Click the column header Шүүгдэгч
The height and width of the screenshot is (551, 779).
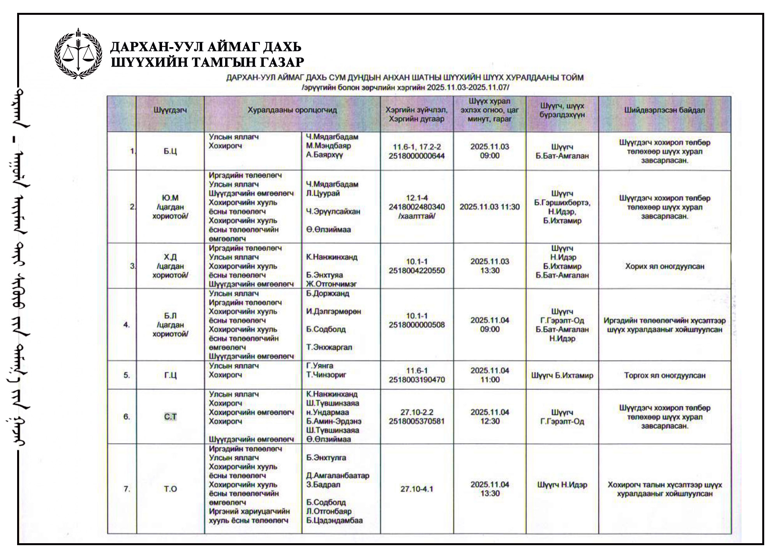pos(170,110)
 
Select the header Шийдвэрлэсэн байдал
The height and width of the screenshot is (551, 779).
pos(664,110)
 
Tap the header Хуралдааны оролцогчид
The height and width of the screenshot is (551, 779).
pos(292,110)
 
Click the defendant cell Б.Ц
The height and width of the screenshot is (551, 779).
pos(170,151)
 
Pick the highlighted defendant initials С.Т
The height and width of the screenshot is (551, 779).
pos(170,417)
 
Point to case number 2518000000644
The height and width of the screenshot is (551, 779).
pos(416,156)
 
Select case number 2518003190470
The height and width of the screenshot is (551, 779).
pos(416,380)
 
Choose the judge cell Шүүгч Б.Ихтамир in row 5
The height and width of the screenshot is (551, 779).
pos(562,376)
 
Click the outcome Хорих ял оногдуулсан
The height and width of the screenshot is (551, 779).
pos(664,267)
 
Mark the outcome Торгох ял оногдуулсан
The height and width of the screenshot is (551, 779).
pos(664,376)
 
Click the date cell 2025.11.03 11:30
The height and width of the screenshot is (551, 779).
pos(490,207)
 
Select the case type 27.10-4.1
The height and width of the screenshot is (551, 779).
pos(416,489)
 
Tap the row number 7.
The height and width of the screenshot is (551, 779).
pos(127,489)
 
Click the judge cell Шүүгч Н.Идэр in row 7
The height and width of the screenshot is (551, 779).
pos(562,485)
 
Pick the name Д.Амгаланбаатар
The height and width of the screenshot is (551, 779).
pos(338,476)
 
